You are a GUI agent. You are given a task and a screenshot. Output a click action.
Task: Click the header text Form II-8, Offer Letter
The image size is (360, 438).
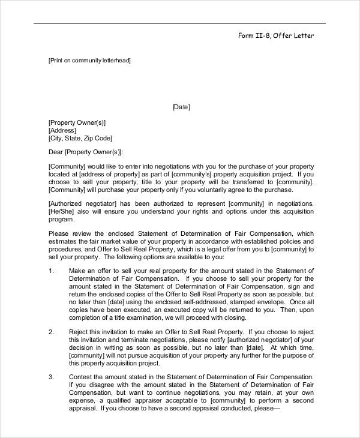click(275, 36)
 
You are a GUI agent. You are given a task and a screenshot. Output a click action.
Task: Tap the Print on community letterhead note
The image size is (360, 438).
click(89, 61)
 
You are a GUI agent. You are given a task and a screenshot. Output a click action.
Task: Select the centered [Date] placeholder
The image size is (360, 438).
click(181, 107)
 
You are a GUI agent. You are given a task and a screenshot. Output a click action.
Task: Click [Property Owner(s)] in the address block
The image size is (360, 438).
click(77, 122)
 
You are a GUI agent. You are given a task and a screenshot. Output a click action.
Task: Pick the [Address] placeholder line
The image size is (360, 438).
click(62, 130)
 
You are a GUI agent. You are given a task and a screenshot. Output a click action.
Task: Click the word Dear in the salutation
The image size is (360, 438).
click(55, 152)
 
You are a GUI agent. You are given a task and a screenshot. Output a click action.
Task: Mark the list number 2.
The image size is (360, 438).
click(50, 331)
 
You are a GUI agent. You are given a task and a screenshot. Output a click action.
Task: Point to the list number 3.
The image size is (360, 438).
click(50, 377)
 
